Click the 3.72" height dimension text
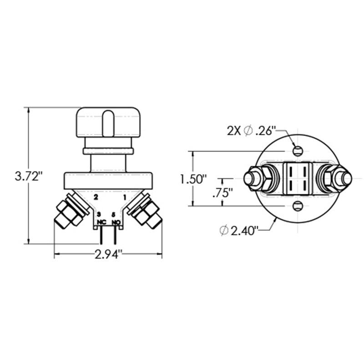pyautogui.click(x=28, y=176)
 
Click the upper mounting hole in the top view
pyautogui.click(x=297, y=150)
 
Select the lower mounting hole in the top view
pyautogui.click(x=297, y=206)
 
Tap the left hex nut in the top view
pyautogui.click(x=261, y=178)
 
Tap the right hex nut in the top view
pyautogui.click(x=333, y=178)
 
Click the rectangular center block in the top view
pyautogui.click(x=297, y=178)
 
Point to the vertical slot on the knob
pyautogui.click(x=108, y=123)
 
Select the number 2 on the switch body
pyautogui.click(x=96, y=197)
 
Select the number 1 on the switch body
pyautogui.click(x=124, y=197)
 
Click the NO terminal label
pyautogui.click(x=116, y=222)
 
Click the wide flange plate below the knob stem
pyautogui.click(x=108, y=180)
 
